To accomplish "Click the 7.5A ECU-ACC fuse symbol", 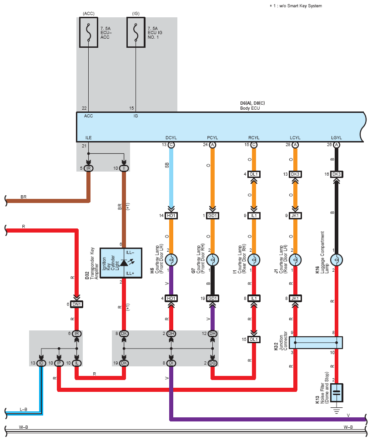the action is point(89,32).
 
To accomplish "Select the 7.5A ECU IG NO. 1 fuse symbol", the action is point(136,32).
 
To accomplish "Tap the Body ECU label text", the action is point(250,108).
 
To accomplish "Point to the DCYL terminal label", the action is point(171,137).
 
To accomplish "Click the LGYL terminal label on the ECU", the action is point(337,137).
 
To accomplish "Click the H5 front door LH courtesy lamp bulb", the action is point(171,260).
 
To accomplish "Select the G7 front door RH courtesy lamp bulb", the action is point(212,260).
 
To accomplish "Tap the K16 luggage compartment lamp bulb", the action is point(337,260).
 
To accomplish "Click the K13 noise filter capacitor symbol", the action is point(337,393).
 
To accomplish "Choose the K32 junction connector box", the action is point(316,343).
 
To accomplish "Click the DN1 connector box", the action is point(76,304).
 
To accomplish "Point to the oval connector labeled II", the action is point(124,168).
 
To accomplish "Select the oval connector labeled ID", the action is point(41,363).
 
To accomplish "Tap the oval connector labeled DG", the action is point(212,363).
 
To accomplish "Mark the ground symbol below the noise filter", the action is point(337,410).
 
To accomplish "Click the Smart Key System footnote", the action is point(296,6).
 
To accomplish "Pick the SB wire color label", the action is point(167,165).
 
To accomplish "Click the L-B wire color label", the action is point(23,409).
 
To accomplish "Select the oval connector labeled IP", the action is point(59,363).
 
